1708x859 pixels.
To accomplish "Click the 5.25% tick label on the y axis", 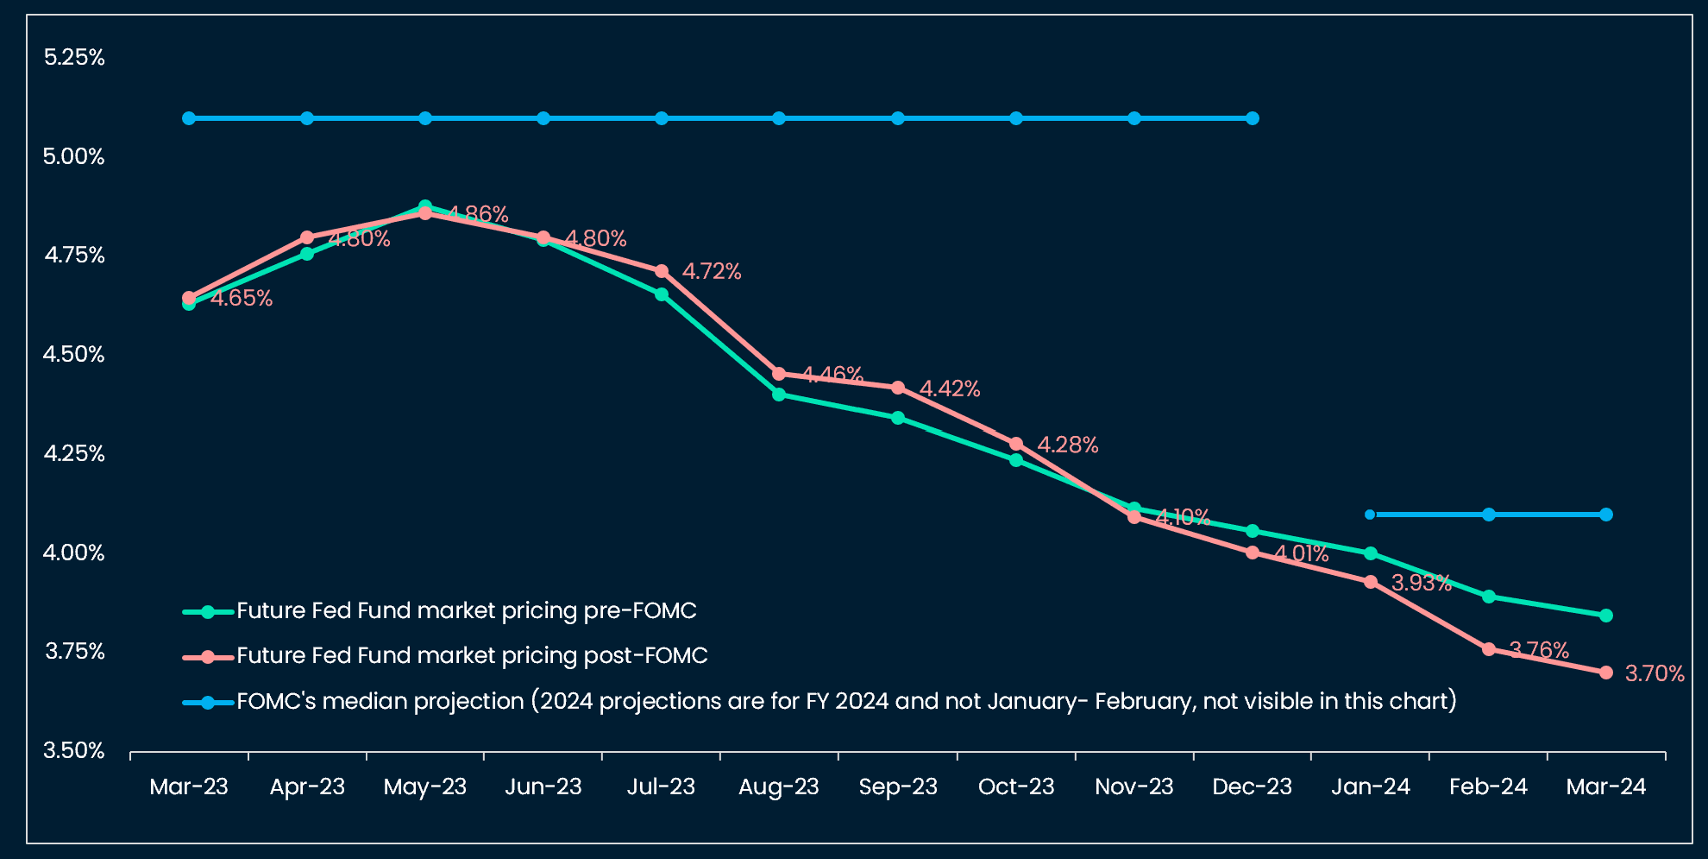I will pyautogui.click(x=74, y=58).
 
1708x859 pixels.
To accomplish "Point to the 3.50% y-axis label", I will pyautogui.click(x=74, y=751).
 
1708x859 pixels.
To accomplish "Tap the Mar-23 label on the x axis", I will pyautogui.click(x=189, y=787).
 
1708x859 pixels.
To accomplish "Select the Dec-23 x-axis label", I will pyautogui.click(x=1252, y=787).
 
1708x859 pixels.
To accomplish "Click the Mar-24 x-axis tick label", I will pyautogui.click(x=1605, y=787).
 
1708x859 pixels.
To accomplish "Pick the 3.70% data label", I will pyautogui.click(x=1655, y=674).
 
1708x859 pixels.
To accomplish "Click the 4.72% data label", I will pyautogui.click(x=712, y=272).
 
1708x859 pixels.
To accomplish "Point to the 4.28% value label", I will pyautogui.click(x=1067, y=445).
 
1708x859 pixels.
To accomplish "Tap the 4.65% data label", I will pyautogui.click(x=242, y=299).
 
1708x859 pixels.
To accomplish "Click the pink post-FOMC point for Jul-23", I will pyautogui.click(x=662, y=271).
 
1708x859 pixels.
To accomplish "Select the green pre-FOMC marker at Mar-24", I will pyautogui.click(x=1606, y=616).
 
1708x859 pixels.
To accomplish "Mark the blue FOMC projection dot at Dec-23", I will pyautogui.click(x=1253, y=118).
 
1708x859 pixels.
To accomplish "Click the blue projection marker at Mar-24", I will pyautogui.click(x=1606, y=515).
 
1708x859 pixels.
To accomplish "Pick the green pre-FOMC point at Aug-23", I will pyautogui.click(x=779, y=395).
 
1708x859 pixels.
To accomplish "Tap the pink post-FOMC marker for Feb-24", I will pyautogui.click(x=1489, y=649).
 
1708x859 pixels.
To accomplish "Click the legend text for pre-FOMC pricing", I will pyautogui.click(x=466, y=611).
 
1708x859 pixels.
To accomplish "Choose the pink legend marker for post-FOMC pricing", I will pyautogui.click(x=208, y=657).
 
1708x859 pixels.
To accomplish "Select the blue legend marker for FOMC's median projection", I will pyautogui.click(x=208, y=703).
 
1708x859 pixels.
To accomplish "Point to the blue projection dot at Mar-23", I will pyautogui.click(x=189, y=118).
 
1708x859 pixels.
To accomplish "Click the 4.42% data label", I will pyautogui.click(x=950, y=389).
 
